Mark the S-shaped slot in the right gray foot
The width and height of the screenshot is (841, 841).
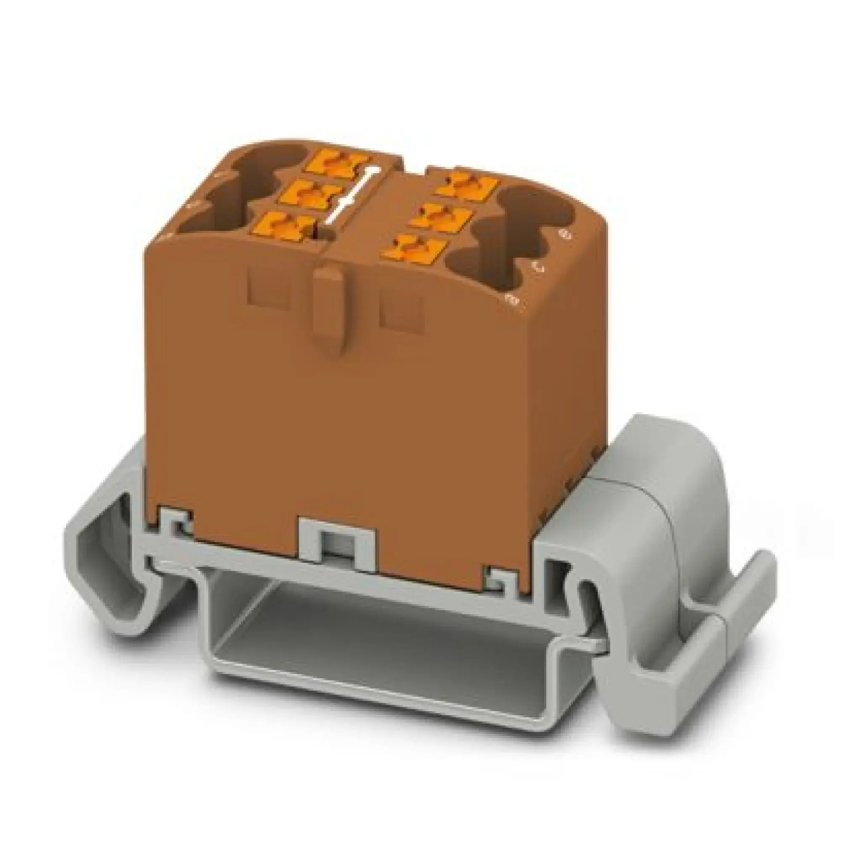pos(585,601)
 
